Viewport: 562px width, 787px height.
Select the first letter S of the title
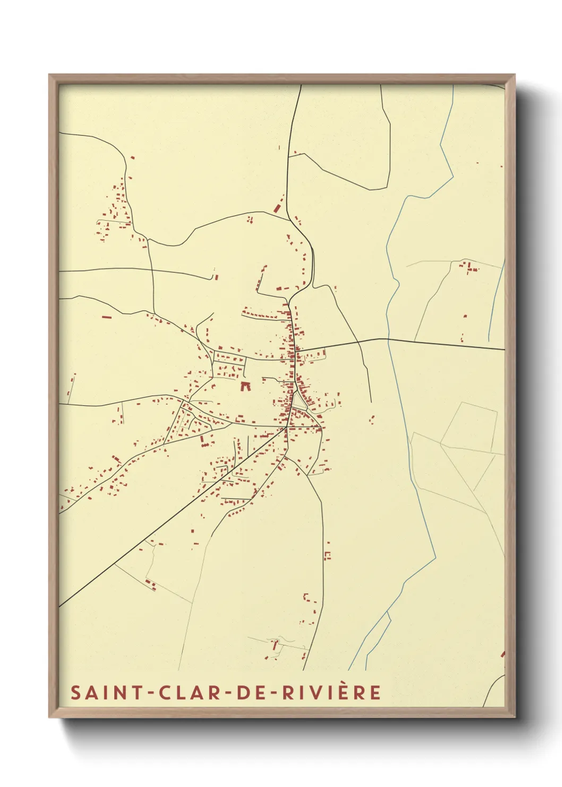point(75,692)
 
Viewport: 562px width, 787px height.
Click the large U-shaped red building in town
point(245,385)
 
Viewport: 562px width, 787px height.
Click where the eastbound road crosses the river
point(389,339)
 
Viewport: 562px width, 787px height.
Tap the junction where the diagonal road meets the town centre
point(287,426)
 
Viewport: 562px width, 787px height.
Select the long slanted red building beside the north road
point(278,206)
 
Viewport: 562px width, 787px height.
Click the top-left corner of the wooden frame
point(49,75)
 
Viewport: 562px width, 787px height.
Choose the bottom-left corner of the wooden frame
point(49,717)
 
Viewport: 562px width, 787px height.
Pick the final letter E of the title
point(376,692)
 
